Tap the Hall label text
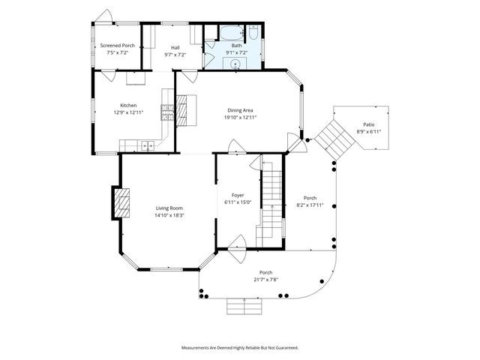174,46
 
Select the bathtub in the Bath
230,33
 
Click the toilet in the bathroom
253,34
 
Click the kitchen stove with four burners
168,112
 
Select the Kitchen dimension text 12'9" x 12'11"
128,112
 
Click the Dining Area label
240,110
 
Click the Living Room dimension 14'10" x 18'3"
169,215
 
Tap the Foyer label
238,195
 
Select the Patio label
368,124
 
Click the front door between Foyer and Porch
238,245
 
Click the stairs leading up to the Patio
331,140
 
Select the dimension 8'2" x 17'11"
310,205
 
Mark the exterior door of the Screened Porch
106,16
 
